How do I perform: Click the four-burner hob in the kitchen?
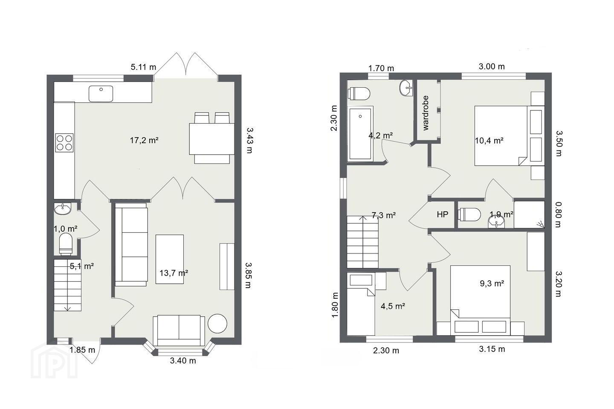coord(64,142)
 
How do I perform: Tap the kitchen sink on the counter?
coord(101,94)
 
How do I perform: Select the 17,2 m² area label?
coord(144,141)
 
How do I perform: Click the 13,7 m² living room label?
coord(174,273)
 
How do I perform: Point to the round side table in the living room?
coord(217,323)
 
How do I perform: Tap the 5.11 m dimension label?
coord(143,67)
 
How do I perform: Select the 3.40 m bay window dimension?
coord(183,361)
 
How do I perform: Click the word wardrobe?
coord(426,113)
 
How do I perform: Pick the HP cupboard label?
coord(443,214)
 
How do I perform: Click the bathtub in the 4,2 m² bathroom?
coord(360,133)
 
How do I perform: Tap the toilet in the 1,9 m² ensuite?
coord(469,214)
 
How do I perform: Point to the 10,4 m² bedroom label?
coord(489,141)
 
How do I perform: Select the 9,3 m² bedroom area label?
coord(492,284)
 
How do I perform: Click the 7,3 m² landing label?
coord(383,215)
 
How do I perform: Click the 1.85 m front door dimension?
coord(82,350)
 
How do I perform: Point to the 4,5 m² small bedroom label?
coord(393,306)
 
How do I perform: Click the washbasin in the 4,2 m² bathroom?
coord(406,88)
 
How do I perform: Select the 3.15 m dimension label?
coord(492,349)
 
